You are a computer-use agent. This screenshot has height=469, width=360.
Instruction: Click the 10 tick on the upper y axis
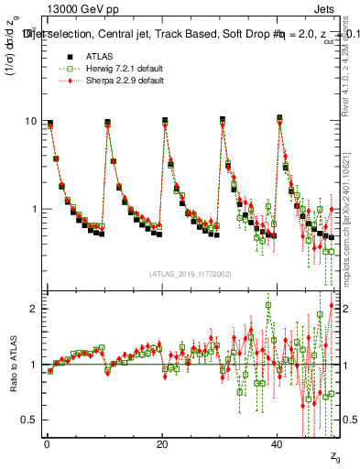tap(29, 122)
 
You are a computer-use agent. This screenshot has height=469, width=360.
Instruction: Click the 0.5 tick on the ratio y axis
tap(27, 420)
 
